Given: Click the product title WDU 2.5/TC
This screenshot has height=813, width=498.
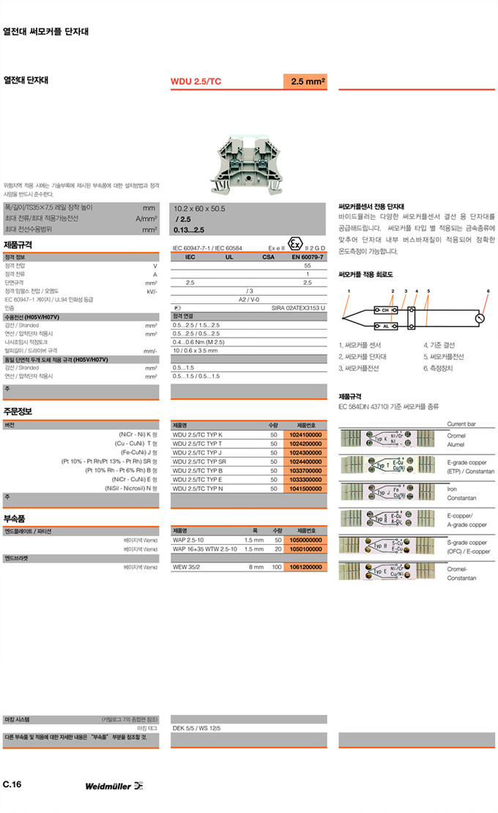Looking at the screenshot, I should [x=196, y=81].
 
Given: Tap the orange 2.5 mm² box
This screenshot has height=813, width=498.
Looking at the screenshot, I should [x=305, y=81].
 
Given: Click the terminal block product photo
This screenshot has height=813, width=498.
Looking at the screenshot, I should [x=249, y=165].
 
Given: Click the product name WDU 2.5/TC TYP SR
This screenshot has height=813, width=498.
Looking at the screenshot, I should [x=199, y=461].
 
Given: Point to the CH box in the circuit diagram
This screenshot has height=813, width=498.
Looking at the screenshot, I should [x=385, y=310].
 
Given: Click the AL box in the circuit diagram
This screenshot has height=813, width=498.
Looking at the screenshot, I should [x=385, y=326].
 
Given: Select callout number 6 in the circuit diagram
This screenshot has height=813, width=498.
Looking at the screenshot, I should [x=488, y=292].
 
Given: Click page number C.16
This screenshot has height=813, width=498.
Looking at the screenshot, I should [x=12, y=784].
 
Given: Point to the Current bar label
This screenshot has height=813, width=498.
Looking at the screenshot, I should [x=461, y=424].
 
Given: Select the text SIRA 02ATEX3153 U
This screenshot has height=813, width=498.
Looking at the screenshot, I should [x=298, y=308].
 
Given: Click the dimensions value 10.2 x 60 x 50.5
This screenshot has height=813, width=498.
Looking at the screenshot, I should [x=199, y=209].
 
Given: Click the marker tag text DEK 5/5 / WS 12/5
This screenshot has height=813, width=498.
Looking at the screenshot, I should [x=196, y=728].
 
